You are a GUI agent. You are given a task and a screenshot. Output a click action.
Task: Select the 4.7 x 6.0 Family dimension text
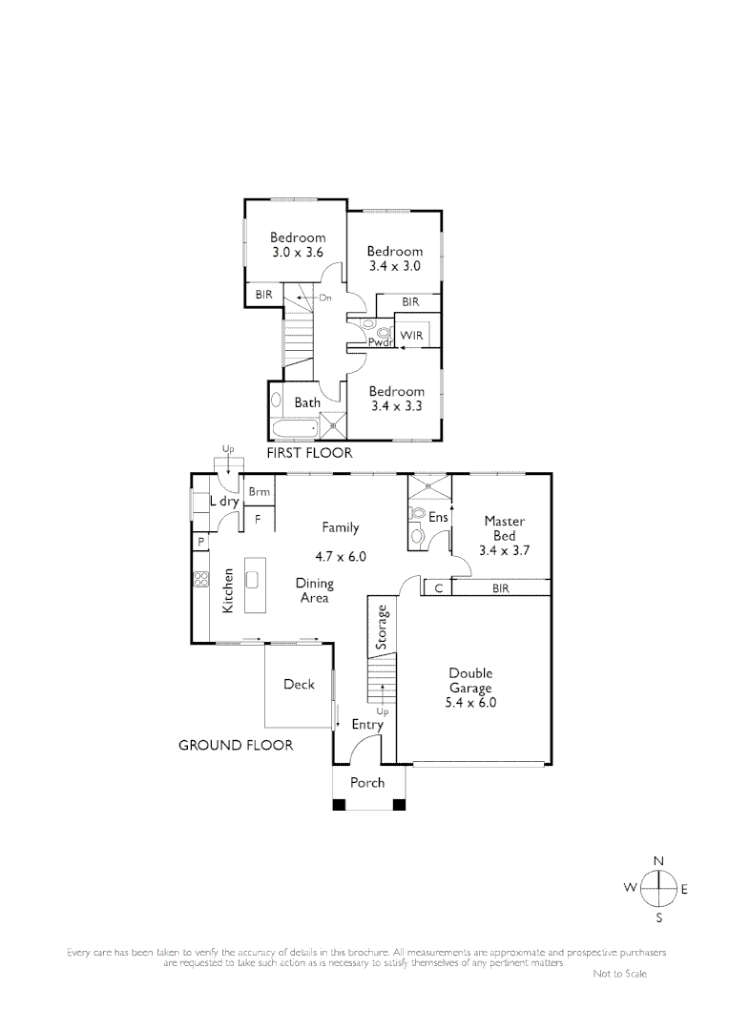pyautogui.click(x=341, y=556)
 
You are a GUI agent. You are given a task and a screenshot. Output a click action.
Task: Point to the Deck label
pyautogui.click(x=299, y=684)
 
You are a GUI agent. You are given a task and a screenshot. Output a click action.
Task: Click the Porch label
pyautogui.click(x=367, y=783)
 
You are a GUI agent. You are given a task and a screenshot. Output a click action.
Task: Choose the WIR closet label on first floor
pyautogui.click(x=411, y=336)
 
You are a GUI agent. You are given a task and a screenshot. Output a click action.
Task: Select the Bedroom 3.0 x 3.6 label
pyautogui.click(x=297, y=245)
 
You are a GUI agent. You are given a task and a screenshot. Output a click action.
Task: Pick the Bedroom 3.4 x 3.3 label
pyautogui.click(x=396, y=399)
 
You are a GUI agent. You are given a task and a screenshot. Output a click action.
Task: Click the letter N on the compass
pyautogui.click(x=658, y=861)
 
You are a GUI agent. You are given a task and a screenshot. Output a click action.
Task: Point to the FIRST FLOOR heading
pyautogui.click(x=309, y=453)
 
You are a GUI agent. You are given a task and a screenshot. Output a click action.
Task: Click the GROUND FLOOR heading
pyautogui.click(x=236, y=745)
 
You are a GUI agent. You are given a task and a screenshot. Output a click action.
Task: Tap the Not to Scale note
pyautogui.click(x=619, y=974)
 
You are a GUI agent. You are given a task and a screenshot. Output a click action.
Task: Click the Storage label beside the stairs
pyautogui.click(x=382, y=628)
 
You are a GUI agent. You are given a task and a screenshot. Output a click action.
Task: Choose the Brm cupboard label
pyautogui.click(x=259, y=492)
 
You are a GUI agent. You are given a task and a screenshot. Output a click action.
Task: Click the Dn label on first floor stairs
pyautogui.click(x=324, y=298)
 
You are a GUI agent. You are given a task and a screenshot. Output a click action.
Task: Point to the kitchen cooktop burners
pyautogui.click(x=201, y=579)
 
